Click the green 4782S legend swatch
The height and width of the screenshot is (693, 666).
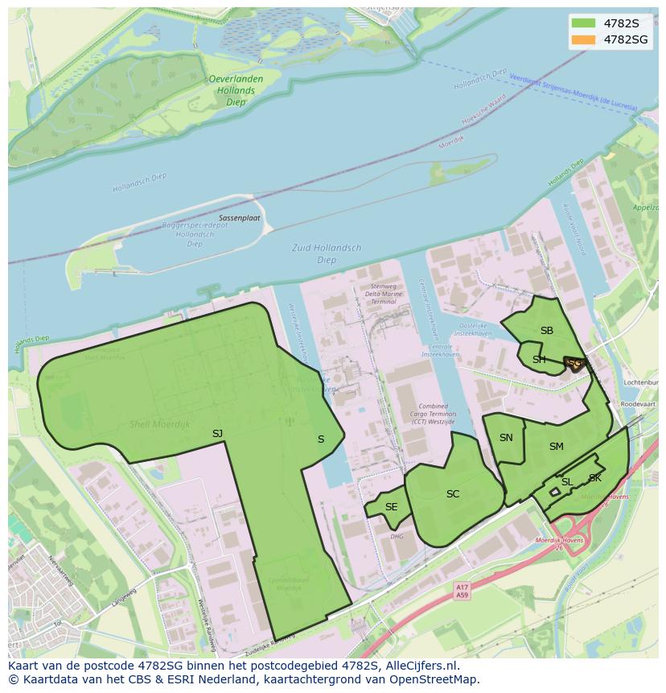(x=584, y=23)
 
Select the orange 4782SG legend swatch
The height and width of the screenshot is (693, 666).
(x=584, y=39)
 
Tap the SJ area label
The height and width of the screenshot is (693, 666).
(x=217, y=434)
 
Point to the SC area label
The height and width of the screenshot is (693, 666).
(x=453, y=494)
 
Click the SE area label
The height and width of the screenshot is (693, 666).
(x=391, y=507)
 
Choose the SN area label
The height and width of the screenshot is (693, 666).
(x=506, y=438)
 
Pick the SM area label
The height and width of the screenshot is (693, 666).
(x=556, y=447)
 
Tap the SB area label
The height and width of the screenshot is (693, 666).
(x=547, y=331)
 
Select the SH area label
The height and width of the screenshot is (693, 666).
(x=539, y=360)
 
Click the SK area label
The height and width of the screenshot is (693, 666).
(x=594, y=478)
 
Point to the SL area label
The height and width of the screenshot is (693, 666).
(x=566, y=482)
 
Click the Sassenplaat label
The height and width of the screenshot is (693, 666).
(x=239, y=218)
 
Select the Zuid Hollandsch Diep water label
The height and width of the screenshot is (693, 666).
(x=327, y=254)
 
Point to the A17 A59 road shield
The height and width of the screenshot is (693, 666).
(x=461, y=592)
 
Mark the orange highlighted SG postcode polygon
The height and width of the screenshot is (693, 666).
(x=574, y=364)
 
